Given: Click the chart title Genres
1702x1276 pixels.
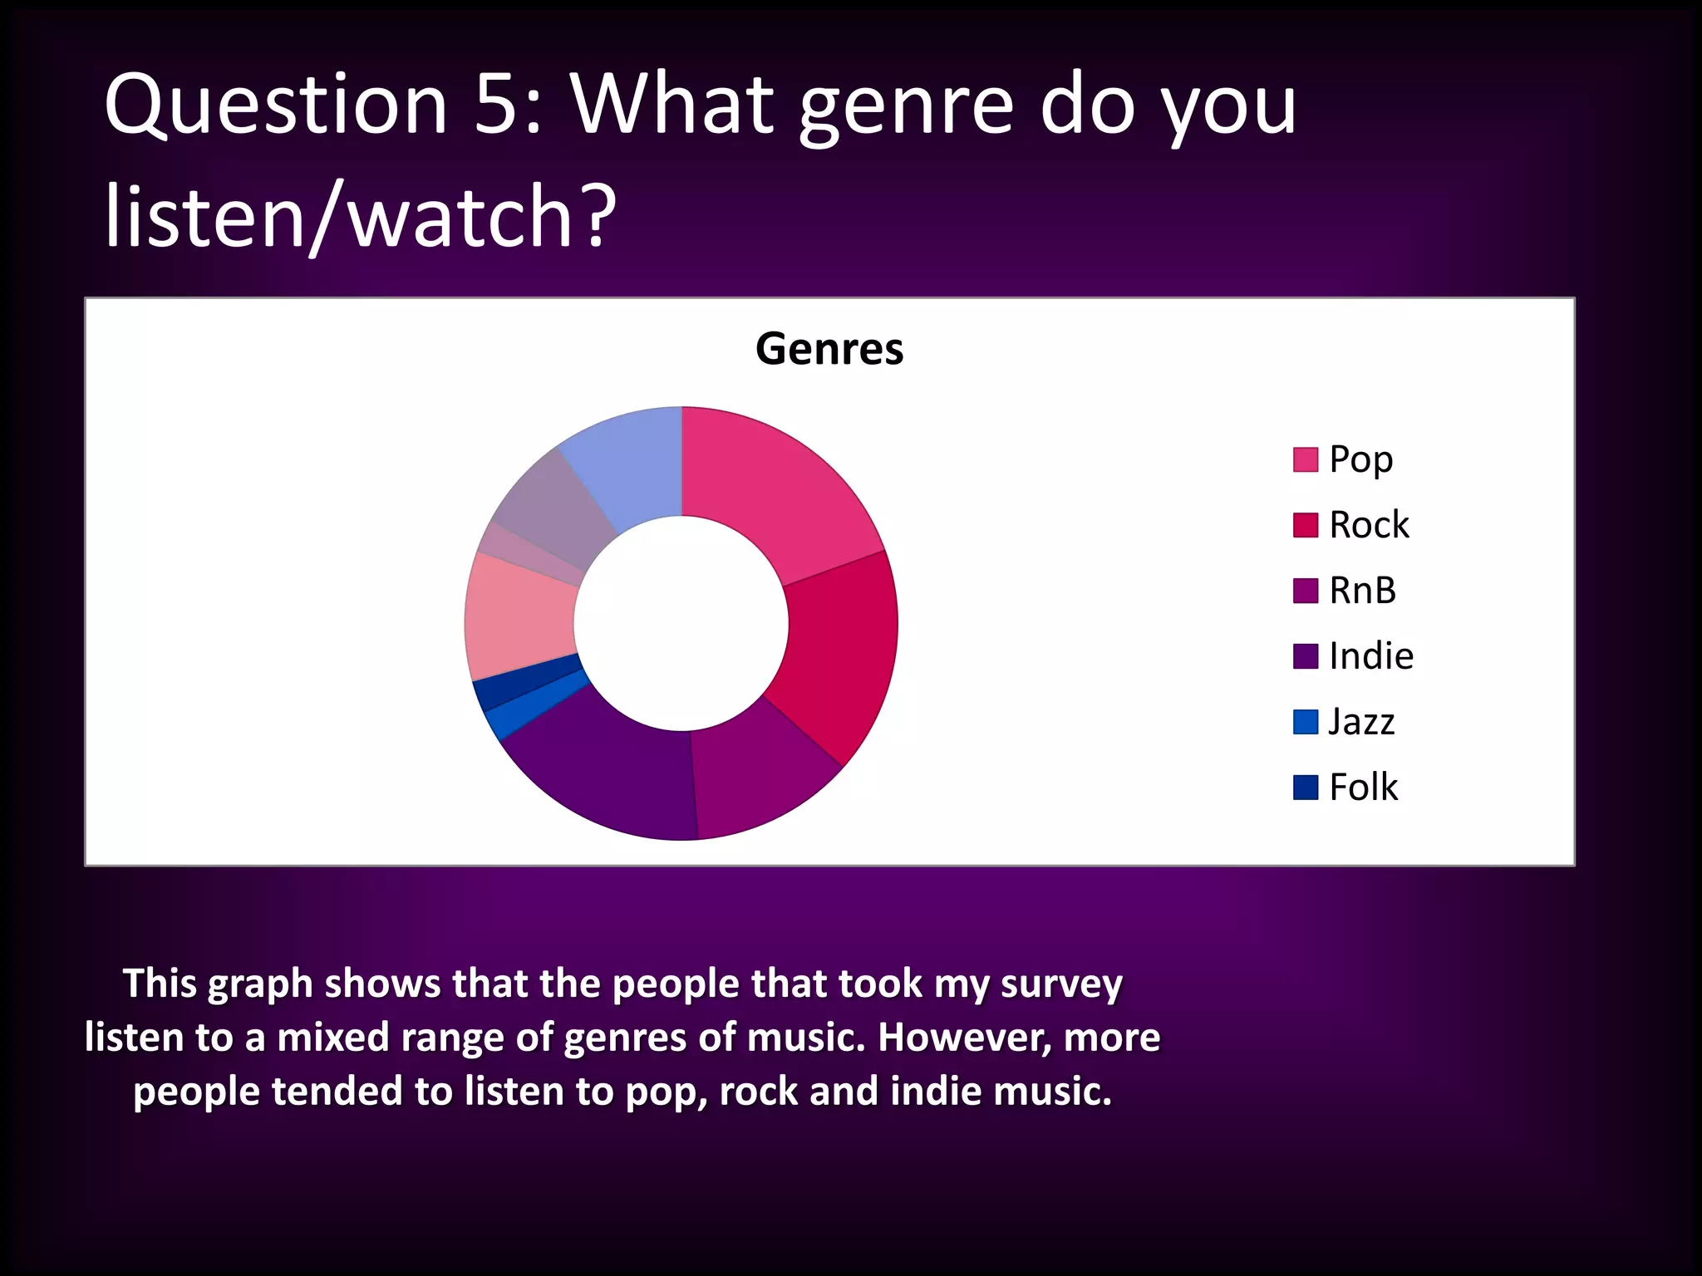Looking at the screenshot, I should click(x=829, y=349).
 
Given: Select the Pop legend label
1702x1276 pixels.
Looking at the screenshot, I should click(x=1360, y=459).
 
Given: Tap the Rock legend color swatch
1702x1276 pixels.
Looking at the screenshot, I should click(x=1305, y=525).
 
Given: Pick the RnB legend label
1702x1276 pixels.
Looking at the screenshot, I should click(x=1362, y=591).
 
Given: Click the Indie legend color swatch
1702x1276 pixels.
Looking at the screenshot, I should click(x=1305, y=656).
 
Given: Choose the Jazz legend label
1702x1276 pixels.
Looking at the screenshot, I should click(x=1361, y=722).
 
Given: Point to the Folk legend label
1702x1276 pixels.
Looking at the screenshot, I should click(x=1363, y=788).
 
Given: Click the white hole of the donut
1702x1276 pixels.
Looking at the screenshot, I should click(x=681, y=623).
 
